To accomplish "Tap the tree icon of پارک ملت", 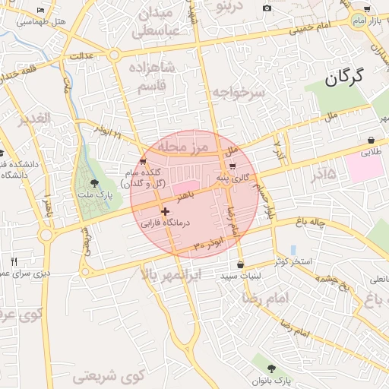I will click(x=94, y=183).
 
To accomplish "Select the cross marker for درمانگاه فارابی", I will click(x=165, y=211).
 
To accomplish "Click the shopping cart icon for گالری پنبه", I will click(x=232, y=166).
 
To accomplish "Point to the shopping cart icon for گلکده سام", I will click(x=143, y=161).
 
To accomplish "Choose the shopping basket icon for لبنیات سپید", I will click(x=241, y=265).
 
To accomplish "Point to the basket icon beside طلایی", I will click(x=371, y=141).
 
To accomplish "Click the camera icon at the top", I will click(x=267, y=8).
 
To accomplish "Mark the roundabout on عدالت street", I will click(x=114, y=55).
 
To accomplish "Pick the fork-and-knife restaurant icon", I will click(x=14, y=261).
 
